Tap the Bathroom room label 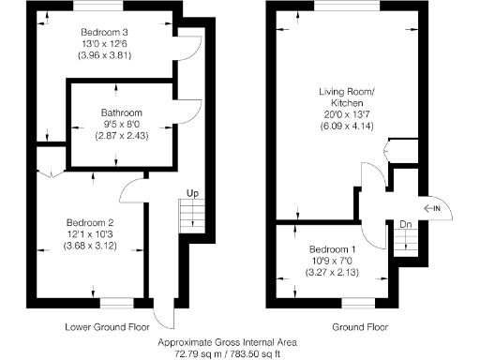(x=116, y=112)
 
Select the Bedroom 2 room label (x=90, y=222)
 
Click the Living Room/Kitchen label (x=346, y=97)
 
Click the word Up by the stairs (x=192, y=193)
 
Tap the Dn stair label (x=405, y=224)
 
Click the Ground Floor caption (x=360, y=328)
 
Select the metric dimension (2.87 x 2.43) (x=116, y=137)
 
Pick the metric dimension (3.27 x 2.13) (x=333, y=274)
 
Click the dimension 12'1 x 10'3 (x=90, y=234)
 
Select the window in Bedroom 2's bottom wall (x=116, y=302)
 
